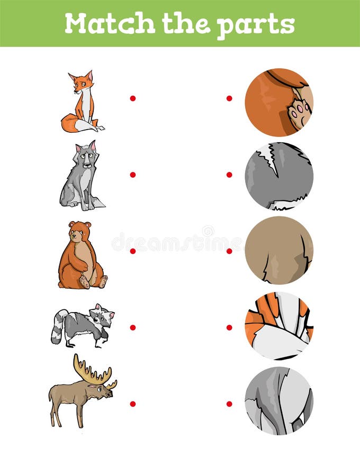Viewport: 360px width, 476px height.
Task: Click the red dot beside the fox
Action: (x=133, y=98)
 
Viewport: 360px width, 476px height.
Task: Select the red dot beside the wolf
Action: (x=133, y=175)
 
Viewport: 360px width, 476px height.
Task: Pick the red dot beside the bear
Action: (x=133, y=251)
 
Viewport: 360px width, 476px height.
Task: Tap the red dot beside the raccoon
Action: (x=133, y=327)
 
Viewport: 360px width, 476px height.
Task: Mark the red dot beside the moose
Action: (x=133, y=404)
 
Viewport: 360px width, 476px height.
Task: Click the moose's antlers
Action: (x=93, y=371)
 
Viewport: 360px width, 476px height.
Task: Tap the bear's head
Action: (x=79, y=231)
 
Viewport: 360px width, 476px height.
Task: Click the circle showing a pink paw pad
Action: (x=279, y=102)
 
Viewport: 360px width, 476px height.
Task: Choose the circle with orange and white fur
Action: (x=279, y=326)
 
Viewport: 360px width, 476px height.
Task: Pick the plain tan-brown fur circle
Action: (x=279, y=250)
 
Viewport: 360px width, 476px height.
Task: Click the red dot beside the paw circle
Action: (x=229, y=98)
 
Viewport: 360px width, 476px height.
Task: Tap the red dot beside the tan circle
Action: (x=229, y=251)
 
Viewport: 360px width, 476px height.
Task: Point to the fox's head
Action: (x=82, y=83)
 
